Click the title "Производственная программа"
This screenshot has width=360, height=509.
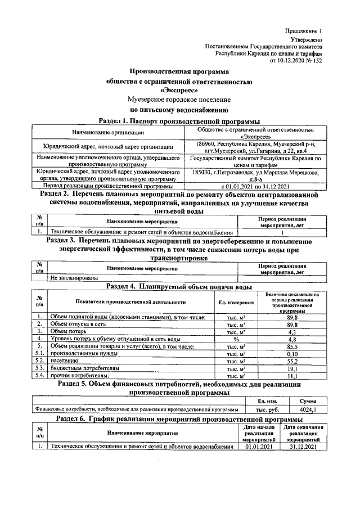pyautogui.click(x=179, y=71)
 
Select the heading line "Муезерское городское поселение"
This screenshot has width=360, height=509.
pyautogui.click(x=179, y=99)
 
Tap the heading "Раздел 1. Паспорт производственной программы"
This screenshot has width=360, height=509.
pyautogui.click(x=179, y=120)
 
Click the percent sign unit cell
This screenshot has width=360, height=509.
pyautogui.click(x=236, y=340)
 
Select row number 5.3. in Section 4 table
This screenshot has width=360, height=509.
pyautogui.click(x=40, y=368)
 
